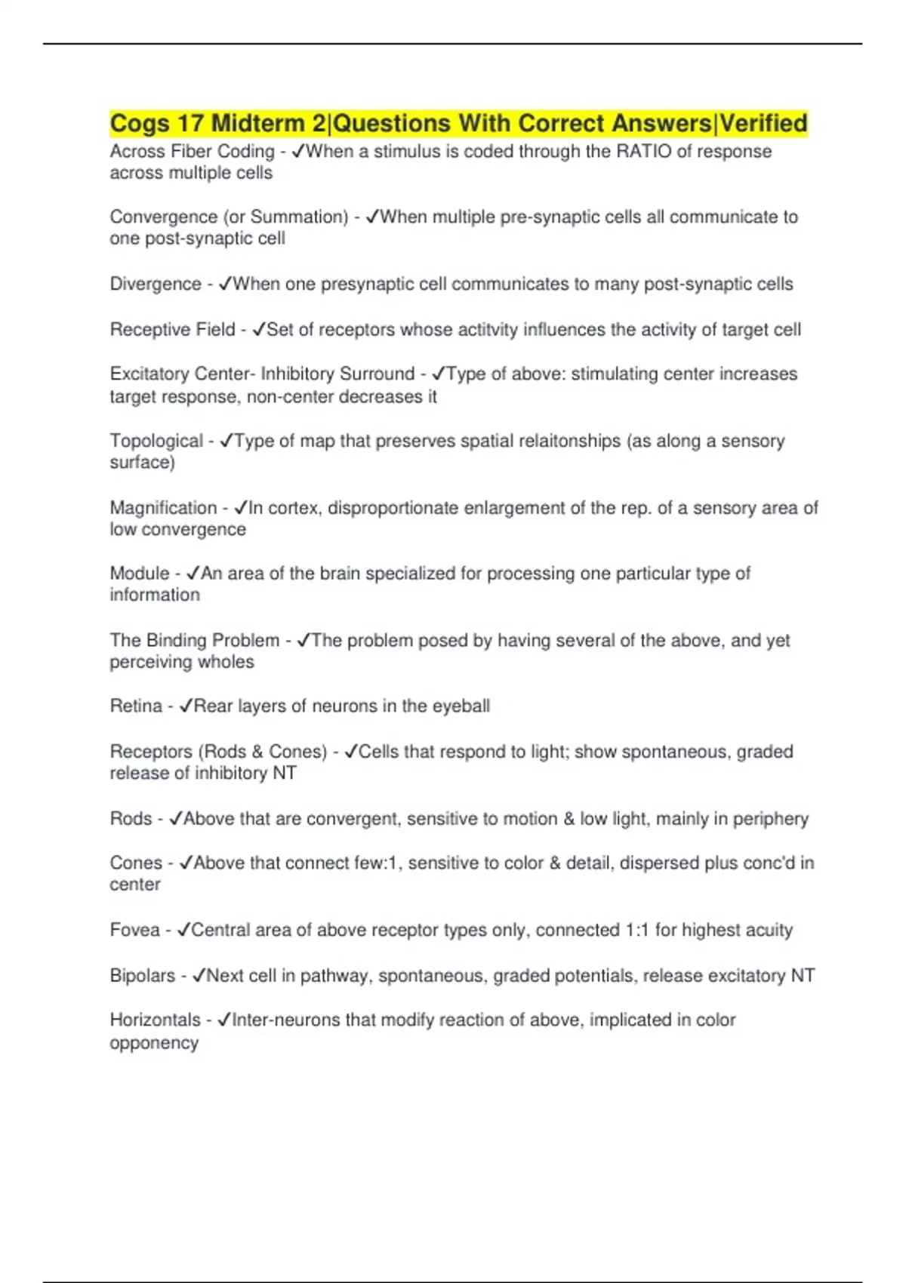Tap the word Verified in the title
(x=763, y=123)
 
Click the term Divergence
(x=156, y=284)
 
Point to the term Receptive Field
(x=172, y=330)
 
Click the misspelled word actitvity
(x=430, y=330)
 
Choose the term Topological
(x=156, y=441)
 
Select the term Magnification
(x=163, y=508)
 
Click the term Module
(x=140, y=574)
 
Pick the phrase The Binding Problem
(x=194, y=641)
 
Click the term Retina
(x=136, y=706)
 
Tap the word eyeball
(x=461, y=706)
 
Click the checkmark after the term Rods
(x=176, y=819)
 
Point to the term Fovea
(x=134, y=930)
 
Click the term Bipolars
(x=142, y=976)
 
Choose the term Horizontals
(x=156, y=1020)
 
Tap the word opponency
(x=154, y=1043)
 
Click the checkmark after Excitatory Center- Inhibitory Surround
(x=439, y=374)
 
